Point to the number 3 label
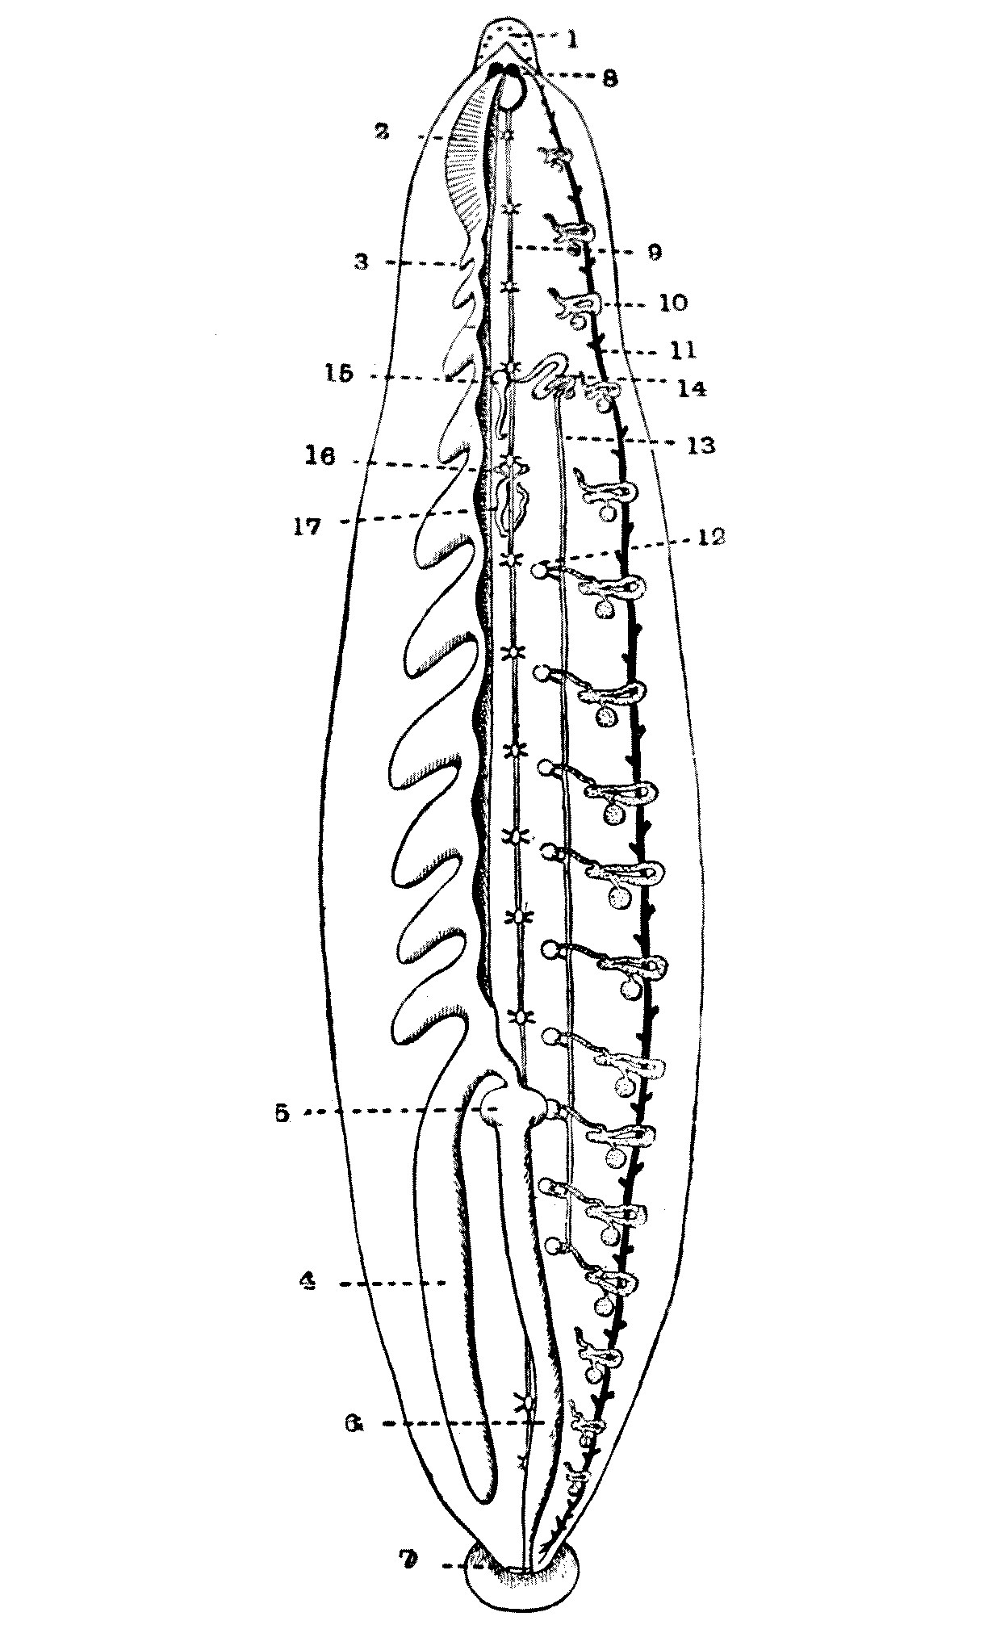pyautogui.click(x=362, y=263)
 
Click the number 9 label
pyautogui.click(x=653, y=252)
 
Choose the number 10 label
pyautogui.click(x=673, y=303)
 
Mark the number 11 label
pyautogui.click(x=682, y=351)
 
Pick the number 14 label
pyautogui.click(x=692, y=388)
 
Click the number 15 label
pyautogui.click(x=340, y=375)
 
